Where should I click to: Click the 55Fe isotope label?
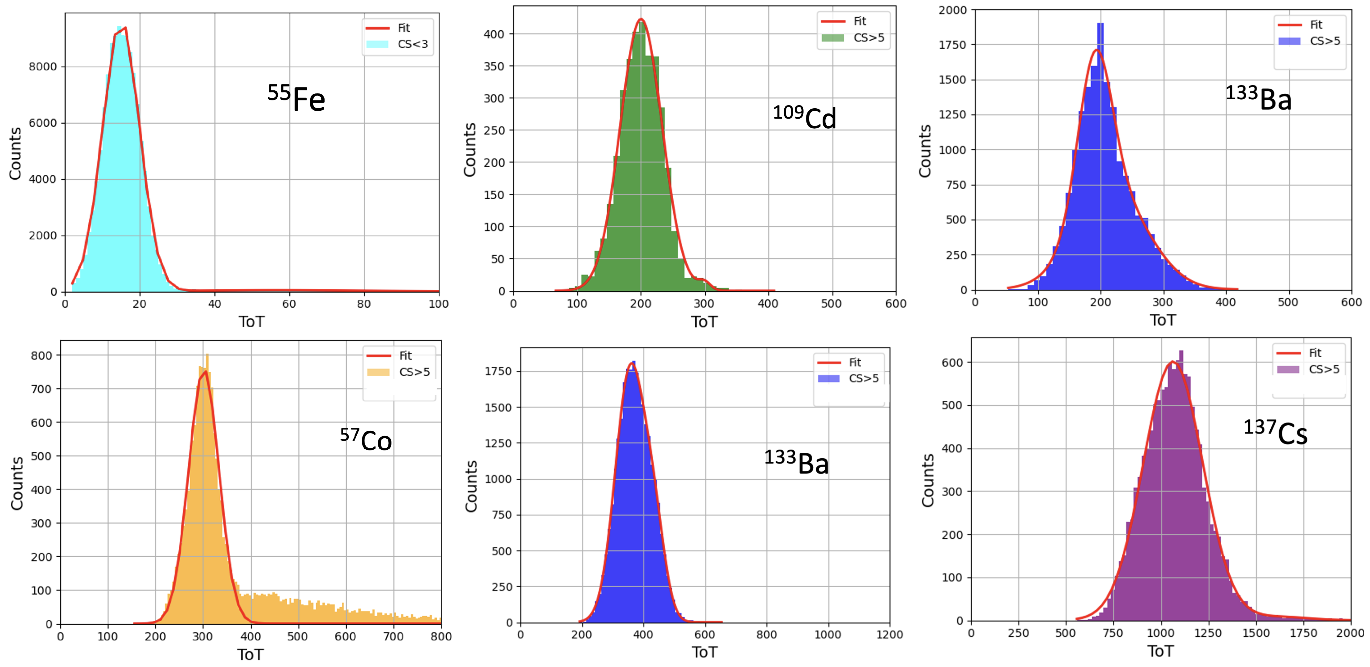pyautogui.click(x=296, y=98)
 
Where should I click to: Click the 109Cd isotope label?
pyautogui.click(x=805, y=117)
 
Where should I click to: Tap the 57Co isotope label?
pyautogui.click(x=366, y=440)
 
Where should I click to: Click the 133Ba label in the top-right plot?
pyautogui.click(x=1258, y=98)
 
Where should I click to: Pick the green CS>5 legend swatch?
pyautogui.click(x=832, y=38)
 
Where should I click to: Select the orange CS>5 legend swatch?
pyautogui.click(x=378, y=372)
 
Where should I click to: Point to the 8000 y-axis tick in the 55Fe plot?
pyautogui.click(x=42, y=67)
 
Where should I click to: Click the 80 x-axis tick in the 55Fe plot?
pyautogui.click(x=364, y=304)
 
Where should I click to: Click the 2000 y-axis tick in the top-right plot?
pyautogui.click(x=953, y=10)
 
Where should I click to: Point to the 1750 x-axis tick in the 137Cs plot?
pyautogui.click(x=1303, y=633)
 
